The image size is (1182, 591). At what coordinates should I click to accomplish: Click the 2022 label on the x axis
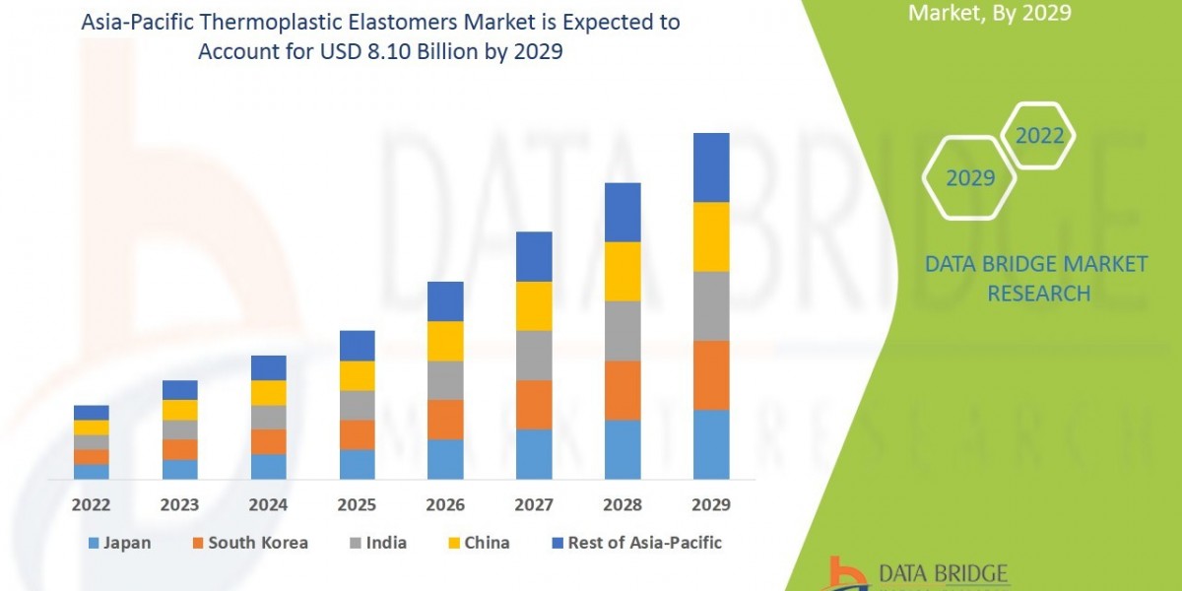coord(91,504)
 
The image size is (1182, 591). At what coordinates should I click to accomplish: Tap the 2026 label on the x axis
coord(445,504)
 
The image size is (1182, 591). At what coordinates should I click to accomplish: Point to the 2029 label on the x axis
coord(711,504)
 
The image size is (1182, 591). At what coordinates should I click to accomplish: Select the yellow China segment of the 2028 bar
coord(623,271)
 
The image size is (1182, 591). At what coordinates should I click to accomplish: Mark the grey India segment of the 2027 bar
coord(534,355)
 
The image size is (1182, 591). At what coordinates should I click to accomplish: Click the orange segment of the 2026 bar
coord(445,419)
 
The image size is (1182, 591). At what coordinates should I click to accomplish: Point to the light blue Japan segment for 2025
coord(357,464)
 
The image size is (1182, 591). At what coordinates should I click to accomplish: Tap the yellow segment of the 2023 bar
coord(179,410)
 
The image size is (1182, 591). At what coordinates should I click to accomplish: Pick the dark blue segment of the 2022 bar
coord(91,413)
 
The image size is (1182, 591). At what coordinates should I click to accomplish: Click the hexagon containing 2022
coord(1039,137)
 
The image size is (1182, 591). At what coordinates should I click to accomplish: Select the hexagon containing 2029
coord(969,178)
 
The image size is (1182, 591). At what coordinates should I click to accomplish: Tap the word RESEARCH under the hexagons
coord(1038,294)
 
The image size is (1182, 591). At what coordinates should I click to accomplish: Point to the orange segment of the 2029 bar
coord(711,375)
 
